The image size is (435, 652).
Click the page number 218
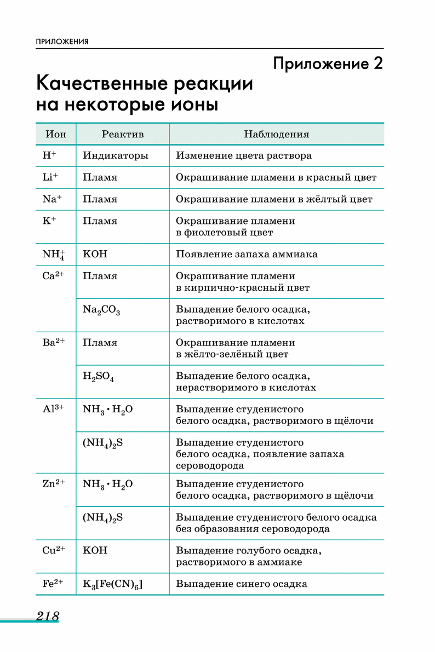[48, 616]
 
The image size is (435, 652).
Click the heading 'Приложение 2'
[328, 64]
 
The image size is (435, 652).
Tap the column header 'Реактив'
[123, 134]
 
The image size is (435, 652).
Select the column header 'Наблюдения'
[277, 134]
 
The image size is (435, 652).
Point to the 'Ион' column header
[56, 134]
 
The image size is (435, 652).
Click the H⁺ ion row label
[49, 155]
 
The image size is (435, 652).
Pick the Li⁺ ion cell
[50, 177]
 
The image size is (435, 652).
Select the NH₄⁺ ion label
[53, 255]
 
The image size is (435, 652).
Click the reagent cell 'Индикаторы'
[116, 155]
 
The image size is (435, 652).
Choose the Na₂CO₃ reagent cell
[101, 310]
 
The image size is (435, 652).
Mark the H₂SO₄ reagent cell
[99, 377]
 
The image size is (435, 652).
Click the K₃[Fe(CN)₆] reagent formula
[112, 584]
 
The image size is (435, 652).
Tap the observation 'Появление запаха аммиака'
[247, 255]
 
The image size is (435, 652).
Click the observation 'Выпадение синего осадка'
[242, 584]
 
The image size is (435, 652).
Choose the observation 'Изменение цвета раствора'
[244, 155]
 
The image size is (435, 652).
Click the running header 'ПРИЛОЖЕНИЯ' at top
[62, 42]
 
